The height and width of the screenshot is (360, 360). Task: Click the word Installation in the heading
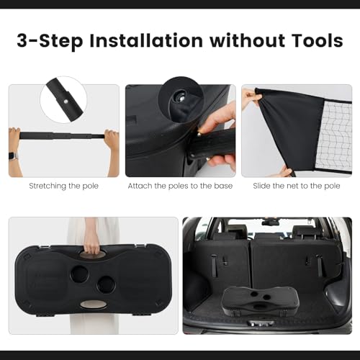pyautogui.click(x=146, y=41)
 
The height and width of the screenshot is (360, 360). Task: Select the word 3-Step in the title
pyautogui.click(x=50, y=42)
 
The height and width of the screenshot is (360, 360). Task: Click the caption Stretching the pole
pyautogui.click(x=64, y=186)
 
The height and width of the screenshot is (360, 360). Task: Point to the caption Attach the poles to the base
pyautogui.click(x=180, y=186)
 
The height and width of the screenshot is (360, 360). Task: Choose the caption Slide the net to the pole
pyautogui.click(x=297, y=186)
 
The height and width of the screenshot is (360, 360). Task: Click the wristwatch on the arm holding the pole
pyautogui.click(x=13, y=156)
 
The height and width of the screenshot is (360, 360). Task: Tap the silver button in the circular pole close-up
pyautogui.click(x=66, y=102)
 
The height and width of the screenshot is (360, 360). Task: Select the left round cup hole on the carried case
pyautogui.click(x=80, y=274)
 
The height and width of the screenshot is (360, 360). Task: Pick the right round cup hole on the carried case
pyautogui.click(x=107, y=284)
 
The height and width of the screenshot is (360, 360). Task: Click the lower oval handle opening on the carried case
pyautogui.click(x=94, y=305)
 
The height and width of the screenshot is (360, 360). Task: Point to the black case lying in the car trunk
pyautogui.click(x=260, y=301)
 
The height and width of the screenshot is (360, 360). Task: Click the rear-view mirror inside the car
pyautogui.click(x=271, y=222)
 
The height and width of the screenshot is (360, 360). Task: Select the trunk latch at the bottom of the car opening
pyautogui.click(x=261, y=324)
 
